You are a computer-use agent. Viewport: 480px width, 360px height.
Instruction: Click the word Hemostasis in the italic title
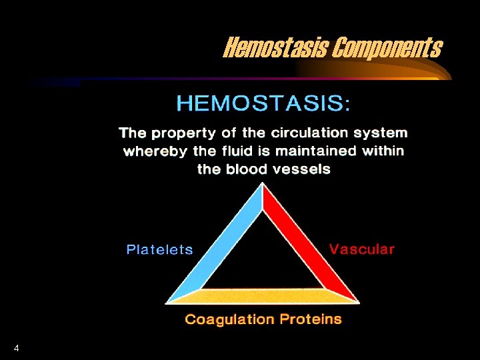pos(275,47)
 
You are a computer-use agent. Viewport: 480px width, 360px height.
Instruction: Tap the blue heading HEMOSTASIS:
pos(263,104)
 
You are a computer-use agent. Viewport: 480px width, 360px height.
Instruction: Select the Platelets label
pos(160,250)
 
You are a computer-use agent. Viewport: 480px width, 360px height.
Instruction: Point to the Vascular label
pos(362,249)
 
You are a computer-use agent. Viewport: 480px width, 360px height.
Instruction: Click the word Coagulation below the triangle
pos(229,319)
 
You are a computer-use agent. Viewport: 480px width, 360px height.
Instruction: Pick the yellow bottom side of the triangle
pos(263,297)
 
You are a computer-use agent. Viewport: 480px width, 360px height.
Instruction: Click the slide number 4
pos(16,348)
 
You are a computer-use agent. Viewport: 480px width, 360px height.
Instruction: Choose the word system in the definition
pos(383,133)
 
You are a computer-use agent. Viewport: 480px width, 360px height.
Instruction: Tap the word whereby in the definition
pos(155,151)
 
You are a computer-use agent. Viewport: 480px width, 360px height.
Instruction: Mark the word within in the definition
pos(383,151)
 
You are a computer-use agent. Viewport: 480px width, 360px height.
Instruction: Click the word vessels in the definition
pos(304,169)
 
